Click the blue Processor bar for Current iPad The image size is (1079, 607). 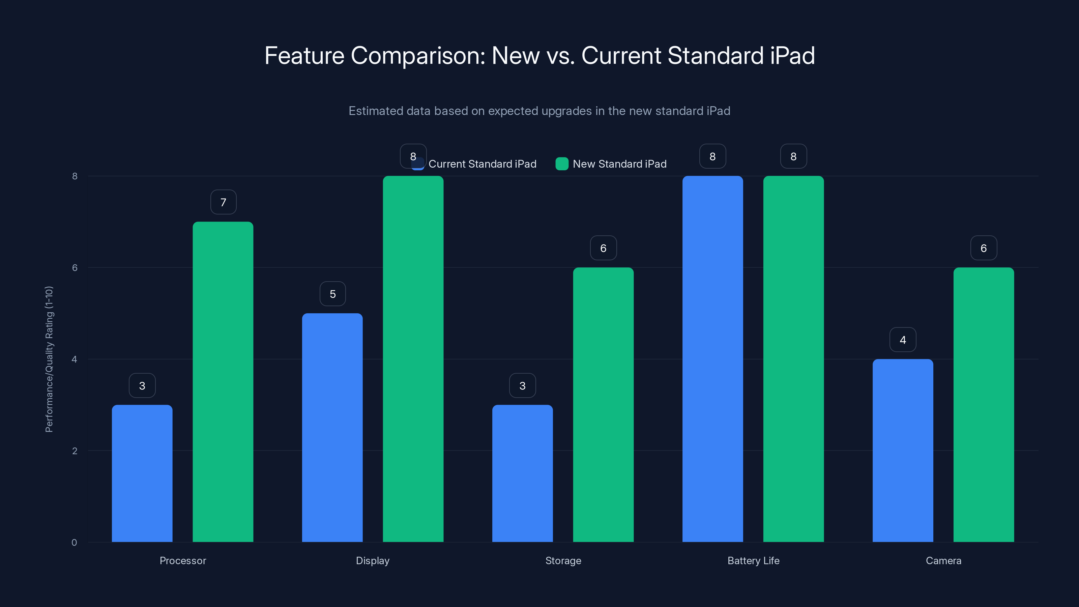coord(142,473)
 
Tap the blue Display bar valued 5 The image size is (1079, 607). coord(332,427)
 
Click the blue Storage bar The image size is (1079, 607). coord(522,473)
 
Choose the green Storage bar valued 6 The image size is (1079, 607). coord(603,405)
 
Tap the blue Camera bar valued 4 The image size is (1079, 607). coord(903,450)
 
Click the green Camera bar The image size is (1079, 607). coord(984,405)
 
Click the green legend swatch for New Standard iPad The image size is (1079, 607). coord(562,164)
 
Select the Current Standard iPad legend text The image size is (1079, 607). coord(482,164)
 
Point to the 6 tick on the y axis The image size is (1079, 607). coord(75,268)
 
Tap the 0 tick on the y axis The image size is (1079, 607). coord(74,543)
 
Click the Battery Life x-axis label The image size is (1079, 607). coord(753,560)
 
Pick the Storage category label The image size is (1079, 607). coord(563,560)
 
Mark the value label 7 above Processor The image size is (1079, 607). coord(223,202)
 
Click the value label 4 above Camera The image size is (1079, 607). coord(903,340)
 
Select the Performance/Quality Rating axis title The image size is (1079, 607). coord(49,359)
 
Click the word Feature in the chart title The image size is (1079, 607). coord(304,56)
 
